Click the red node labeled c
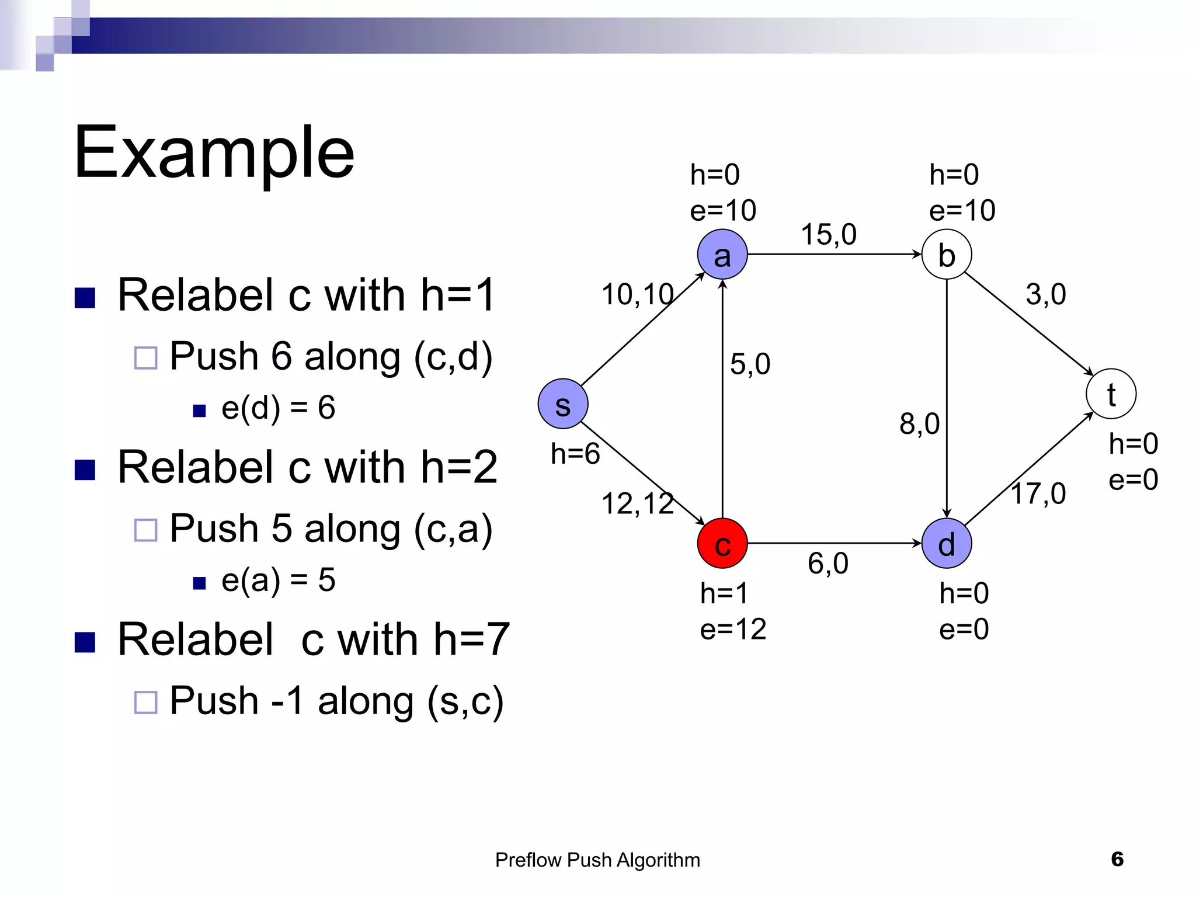(x=722, y=544)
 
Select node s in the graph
(x=562, y=404)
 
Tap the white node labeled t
(x=1111, y=394)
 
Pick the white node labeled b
(x=947, y=255)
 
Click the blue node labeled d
(x=947, y=544)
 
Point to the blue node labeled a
(x=722, y=255)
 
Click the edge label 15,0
(x=828, y=235)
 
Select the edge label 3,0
(x=1045, y=294)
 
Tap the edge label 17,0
(x=1038, y=493)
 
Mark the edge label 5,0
(x=750, y=364)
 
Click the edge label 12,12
(x=637, y=503)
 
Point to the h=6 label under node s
(x=575, y=454)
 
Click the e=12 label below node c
(x=733, y=630)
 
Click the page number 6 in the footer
(x=1117, y=859)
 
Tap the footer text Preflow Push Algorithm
(x=597, y=860)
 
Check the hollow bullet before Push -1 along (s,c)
(x=145, y=703)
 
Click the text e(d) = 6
(x=278, y=408)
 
